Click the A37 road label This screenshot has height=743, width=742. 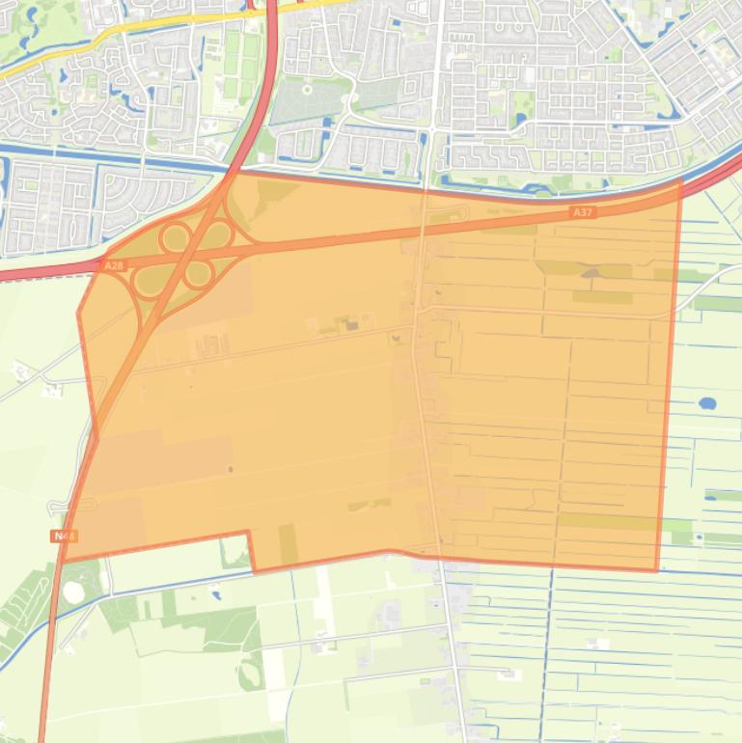pyautogui.click(x=582, y=212)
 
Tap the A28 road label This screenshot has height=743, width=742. pyautogui.click(x=114, y=264)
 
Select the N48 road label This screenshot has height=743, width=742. pyautogui.click(x=65, y=536)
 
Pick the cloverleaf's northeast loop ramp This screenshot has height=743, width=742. pyautogui.click(x=216, y=234)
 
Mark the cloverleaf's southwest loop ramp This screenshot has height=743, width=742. pyautogui.click(x=151, y=281)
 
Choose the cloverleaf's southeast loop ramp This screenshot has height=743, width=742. pyautogui.click(x=198, y=274)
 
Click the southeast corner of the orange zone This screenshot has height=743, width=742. pyautogui.click(x=657, y=570)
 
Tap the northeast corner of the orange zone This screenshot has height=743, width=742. pyautogui.click(x=681, y=179)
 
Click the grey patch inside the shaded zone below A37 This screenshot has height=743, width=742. pyautogui.click(x=590, y=273)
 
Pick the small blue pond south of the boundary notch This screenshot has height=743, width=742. pyautogui.click(x=214, y=595)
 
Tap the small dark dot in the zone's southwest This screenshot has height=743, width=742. pyautogui.click(x=230, y=470)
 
